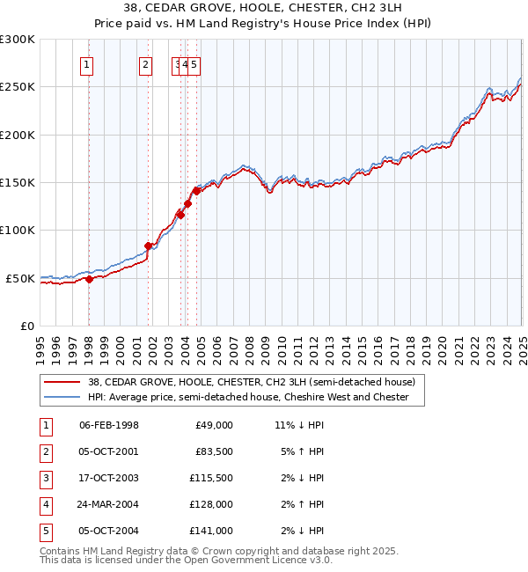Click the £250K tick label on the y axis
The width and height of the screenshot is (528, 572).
tap(18, 87)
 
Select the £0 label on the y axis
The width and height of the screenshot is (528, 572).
tap(27, 326)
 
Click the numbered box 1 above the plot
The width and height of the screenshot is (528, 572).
tap(88, 64)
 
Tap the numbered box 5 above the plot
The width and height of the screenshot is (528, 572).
tap(194, 64)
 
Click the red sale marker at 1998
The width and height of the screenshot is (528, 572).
tap(89, 279)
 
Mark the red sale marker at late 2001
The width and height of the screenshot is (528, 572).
tap(148, 246)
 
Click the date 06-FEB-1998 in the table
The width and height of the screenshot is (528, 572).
tap(109, 425)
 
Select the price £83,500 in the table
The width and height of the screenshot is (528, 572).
tap(214, 451)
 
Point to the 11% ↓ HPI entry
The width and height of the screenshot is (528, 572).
tap(299, 425)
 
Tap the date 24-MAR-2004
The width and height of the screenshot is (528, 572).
tap(108, 504)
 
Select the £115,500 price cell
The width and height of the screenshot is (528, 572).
tap(212, 478)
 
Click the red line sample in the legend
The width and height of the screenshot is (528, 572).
tap(62, 383)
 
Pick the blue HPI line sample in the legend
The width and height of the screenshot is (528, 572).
tap(62, 398)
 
